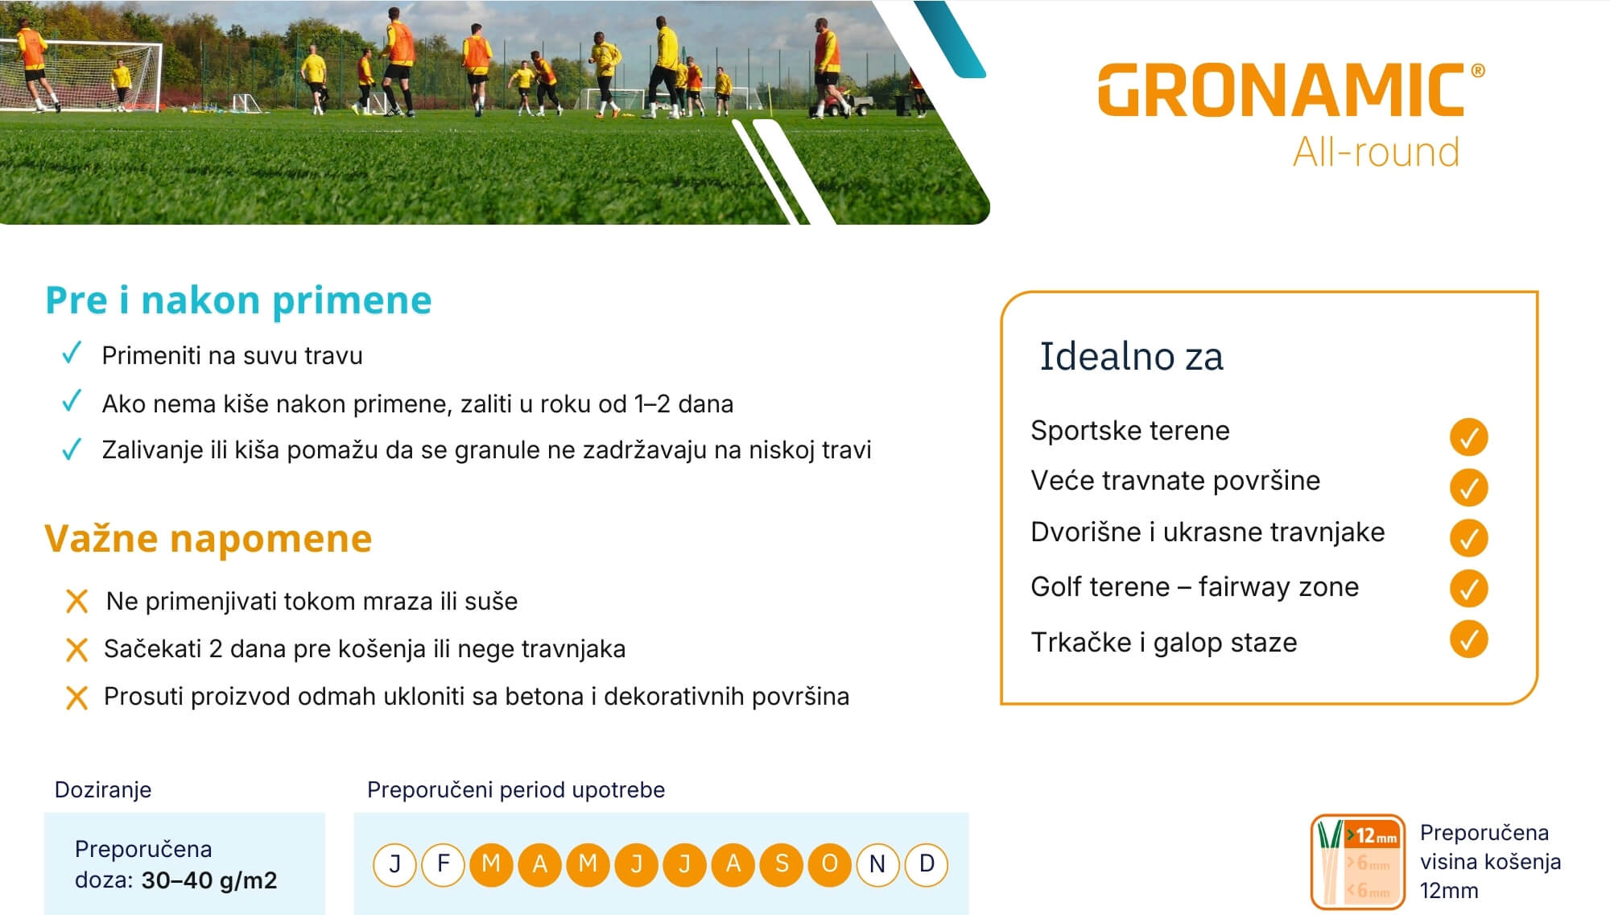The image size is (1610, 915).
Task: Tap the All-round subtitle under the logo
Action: (1376, 152)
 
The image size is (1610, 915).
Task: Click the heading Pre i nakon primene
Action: (238, 300)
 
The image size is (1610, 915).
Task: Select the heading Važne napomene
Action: (208, 538)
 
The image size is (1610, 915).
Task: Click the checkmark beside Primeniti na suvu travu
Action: (72, 353)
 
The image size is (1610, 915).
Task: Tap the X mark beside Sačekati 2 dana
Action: (76, 649)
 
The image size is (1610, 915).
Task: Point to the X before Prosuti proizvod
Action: (76, 697)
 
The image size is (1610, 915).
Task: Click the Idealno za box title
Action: (1131, 356)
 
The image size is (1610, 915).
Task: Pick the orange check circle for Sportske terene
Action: (1468, 437)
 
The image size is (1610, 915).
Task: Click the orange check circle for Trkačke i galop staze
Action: (1468, 640)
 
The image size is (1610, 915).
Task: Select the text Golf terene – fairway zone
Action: (1195, 586)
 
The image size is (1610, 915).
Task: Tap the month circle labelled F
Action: (443, 864)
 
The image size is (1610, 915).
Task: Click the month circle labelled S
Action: (782, 864)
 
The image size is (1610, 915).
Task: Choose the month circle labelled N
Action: (877, 864)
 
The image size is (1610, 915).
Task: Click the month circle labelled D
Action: (927, 864)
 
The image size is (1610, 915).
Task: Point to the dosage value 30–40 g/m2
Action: (209, 880)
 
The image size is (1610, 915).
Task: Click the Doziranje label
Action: (103, 789)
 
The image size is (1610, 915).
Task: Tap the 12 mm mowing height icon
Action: (1358, 861)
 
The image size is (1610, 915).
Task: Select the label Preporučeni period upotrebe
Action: (516, 789)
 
